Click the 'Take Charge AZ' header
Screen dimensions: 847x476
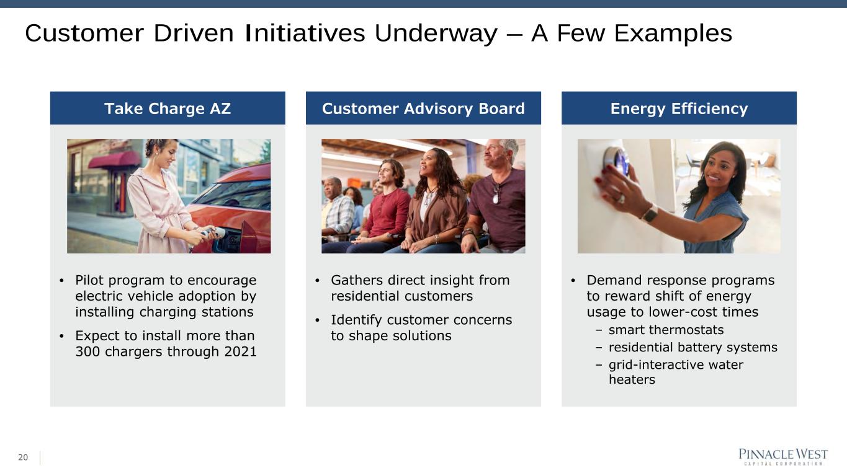click(168, 108)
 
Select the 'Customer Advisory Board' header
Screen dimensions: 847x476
click(423, 108)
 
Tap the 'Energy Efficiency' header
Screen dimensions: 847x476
click(679, 109)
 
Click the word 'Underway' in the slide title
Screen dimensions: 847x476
click(436, 33)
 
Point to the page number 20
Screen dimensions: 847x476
click(23, 457)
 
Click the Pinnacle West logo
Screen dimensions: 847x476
click(783, 457)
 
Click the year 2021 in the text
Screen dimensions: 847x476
click(240, 351)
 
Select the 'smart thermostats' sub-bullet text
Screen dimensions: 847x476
click(666, 330)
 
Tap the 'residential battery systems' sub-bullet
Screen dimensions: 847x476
click(692, 347)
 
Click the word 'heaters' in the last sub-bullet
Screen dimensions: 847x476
click(632, 379)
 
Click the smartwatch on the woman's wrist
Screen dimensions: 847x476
click(649, 213)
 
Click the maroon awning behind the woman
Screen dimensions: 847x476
click(115, 160)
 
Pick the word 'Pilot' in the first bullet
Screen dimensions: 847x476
click(89, 280)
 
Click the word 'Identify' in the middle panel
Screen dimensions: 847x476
click(356, 320)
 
